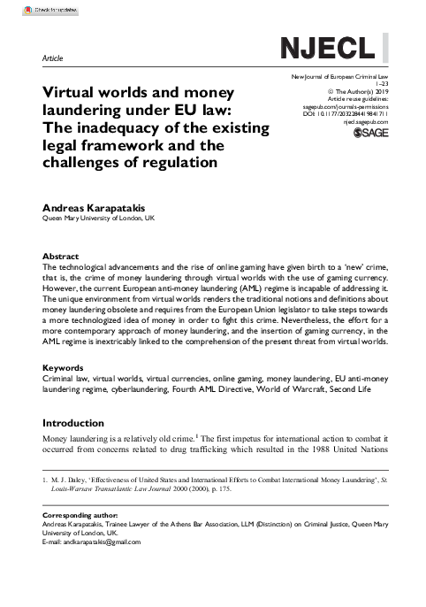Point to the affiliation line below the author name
pyautogui.click(x=99, y=218)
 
